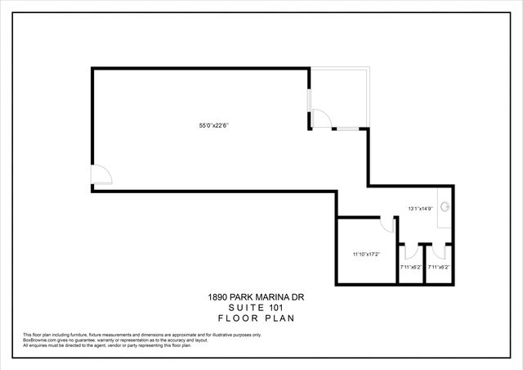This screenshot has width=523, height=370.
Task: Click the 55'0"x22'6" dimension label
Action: (x=213, y=125)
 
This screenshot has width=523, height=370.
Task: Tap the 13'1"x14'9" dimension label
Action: (x=419, y=209)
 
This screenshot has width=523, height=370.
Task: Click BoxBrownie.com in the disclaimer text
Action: (x=39, y=340)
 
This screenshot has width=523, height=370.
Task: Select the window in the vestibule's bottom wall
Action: (x=346, y=129)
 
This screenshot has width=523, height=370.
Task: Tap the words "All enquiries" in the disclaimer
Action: (x=34, y=345)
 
